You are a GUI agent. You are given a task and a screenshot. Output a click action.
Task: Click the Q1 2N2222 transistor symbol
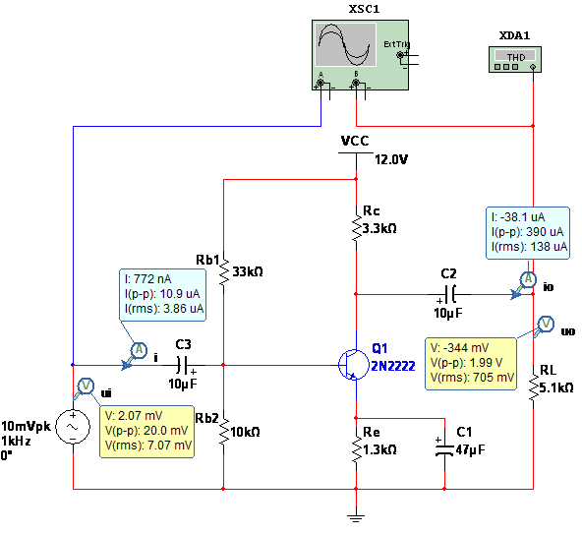353,365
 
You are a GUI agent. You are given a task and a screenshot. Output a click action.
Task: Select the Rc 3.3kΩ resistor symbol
356,228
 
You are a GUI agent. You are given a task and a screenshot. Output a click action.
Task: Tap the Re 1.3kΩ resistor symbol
356,449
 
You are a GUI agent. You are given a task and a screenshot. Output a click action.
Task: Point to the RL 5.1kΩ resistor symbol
534,388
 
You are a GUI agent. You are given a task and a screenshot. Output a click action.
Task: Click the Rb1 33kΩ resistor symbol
224,272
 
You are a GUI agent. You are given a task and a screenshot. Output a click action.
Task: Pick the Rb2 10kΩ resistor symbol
224,432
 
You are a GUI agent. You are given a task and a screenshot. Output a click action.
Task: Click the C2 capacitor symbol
449,294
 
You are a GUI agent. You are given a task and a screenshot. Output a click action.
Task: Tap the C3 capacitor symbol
184,365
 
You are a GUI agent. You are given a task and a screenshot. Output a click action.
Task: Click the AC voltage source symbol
73,427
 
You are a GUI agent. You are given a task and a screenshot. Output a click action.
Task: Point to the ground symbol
356,518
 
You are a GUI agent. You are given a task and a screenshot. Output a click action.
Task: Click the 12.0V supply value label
391,159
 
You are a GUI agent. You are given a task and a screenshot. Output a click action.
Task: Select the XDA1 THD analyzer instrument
515,59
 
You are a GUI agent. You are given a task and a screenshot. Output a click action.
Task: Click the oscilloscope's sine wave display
345,44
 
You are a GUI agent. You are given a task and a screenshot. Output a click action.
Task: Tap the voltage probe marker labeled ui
85,386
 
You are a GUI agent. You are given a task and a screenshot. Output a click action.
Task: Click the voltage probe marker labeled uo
545,326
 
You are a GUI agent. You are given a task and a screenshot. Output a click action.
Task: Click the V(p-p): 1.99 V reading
466,363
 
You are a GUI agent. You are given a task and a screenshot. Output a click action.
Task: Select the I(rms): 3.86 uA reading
164,309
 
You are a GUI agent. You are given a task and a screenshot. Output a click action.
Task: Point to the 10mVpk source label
26,426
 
